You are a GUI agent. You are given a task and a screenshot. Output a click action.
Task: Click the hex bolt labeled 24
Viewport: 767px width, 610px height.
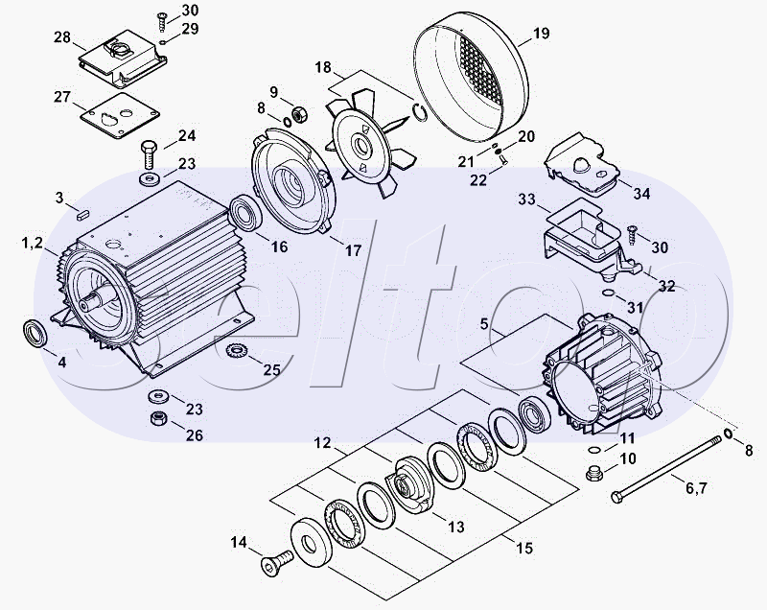pyautogui.click(x=149, y=154)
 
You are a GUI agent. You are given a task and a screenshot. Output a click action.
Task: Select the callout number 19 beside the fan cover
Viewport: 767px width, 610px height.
pyautogui.click(x=541, y=34)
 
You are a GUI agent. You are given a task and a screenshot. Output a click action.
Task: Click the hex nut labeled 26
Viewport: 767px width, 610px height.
pyautogui.click(x=158, y=418)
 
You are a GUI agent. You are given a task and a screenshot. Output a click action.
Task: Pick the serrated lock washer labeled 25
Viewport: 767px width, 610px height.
pyautogui.click(x=237, y=351)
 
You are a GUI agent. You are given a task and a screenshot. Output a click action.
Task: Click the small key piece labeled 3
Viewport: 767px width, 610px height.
pyautogui.click(x=82, y=214)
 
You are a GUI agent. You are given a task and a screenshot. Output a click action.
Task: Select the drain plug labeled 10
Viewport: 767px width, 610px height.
pyautogui.click(x=593, y=473)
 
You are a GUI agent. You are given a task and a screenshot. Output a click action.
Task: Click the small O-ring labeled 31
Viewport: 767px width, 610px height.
pyautogui.click(x=607, y=293)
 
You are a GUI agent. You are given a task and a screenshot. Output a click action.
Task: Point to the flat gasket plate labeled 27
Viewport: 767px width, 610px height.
pyautogui.click(x=119, y=116)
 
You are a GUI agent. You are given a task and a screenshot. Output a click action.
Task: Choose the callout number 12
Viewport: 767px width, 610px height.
pyautogui.click(x=323, y=443)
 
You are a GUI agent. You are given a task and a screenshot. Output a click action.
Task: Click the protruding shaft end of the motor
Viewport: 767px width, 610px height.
pyautogui.click(x=94, y=300)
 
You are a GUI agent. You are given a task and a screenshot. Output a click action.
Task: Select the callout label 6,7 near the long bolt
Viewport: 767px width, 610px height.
pyautogui.click(x=696, y=488)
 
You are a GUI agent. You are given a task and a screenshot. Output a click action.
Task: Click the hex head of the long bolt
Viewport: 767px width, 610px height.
pyautogui.click(x=617, y=498)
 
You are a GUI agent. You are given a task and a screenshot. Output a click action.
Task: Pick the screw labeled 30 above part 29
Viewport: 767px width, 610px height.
pyautogui.click(x=162, y=20)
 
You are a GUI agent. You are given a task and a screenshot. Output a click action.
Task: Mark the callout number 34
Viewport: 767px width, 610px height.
pyautogui.click(x=641, y=194)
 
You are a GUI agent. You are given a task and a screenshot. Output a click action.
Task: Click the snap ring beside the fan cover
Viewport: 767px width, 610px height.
pyautogui.click(x=420, y=112)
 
